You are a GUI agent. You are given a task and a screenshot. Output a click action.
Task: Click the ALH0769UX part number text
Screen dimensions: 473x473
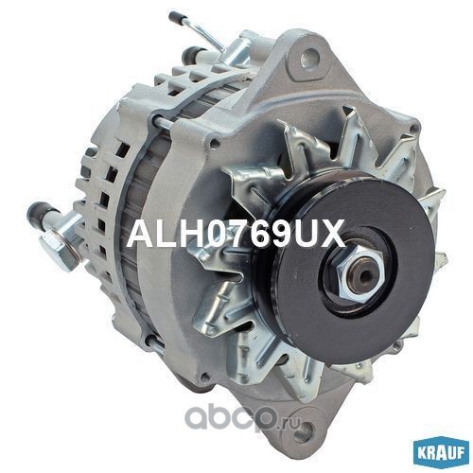[236, 234]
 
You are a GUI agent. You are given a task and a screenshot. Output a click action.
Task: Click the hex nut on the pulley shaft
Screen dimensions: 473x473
[359, 272]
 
